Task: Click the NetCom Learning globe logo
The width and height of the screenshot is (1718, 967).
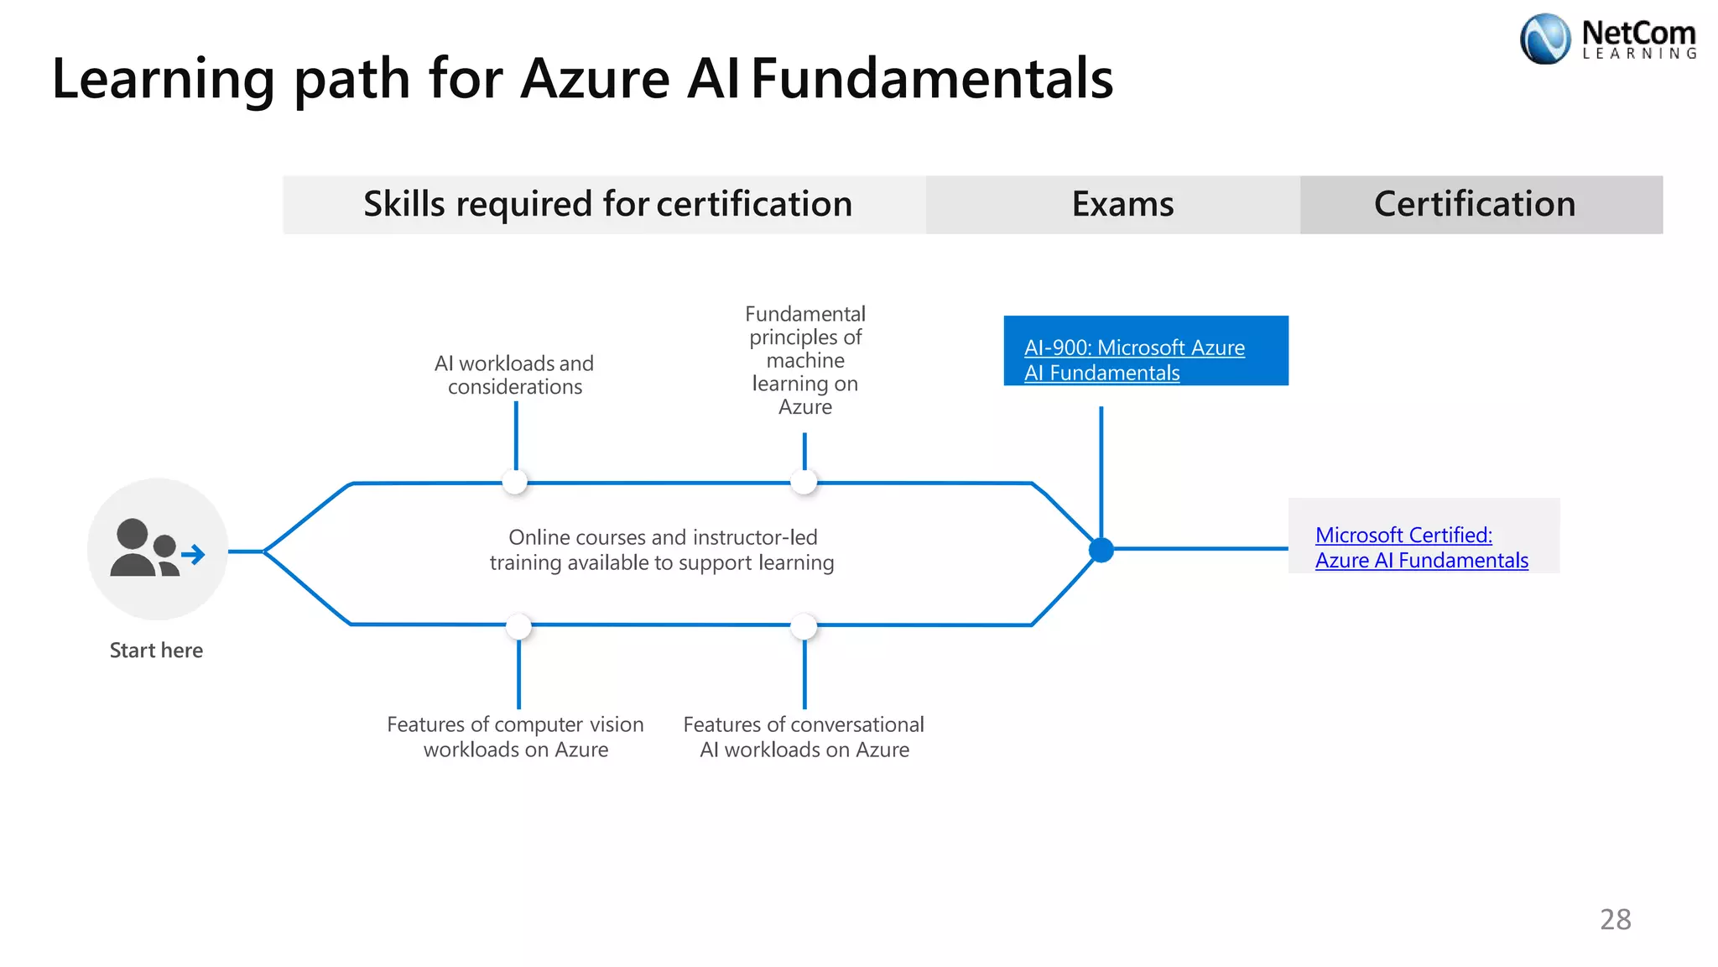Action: (x=1544, y=39)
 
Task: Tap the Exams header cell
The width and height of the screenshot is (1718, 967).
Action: (x=1122, y=204)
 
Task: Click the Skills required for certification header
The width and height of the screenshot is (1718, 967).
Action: (x=607, y=204)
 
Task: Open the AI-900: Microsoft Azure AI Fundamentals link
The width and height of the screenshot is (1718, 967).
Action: (x=1133, y=359)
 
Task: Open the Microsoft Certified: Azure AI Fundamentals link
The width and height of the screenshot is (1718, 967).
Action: (x=1420, y=547)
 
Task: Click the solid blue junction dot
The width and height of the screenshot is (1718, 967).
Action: (x=1101, y=551)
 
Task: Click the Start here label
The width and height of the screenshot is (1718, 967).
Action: (x=156, y=651)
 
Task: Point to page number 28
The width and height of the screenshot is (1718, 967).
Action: (x=1615, y=919)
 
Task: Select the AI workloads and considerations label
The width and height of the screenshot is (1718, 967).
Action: (x=514, y=375)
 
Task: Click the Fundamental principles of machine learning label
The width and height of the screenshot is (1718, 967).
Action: (x=804, y=360)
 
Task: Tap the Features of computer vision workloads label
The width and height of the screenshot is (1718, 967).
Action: (x=515, y=736)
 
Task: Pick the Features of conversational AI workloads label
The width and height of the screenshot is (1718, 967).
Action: (x=804, y=736)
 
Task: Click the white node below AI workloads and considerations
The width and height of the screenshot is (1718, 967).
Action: (x=514, y=482)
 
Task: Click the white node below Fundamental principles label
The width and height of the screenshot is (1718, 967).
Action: (x=804, y=482)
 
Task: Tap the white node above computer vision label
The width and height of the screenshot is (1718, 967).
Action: (x=518, y=626)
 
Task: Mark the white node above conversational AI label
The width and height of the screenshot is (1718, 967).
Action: (x=804, y=626)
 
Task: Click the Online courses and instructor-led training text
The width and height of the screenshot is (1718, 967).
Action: (x=662, y=550)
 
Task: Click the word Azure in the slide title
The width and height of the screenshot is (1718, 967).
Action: (x=595, y=79)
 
